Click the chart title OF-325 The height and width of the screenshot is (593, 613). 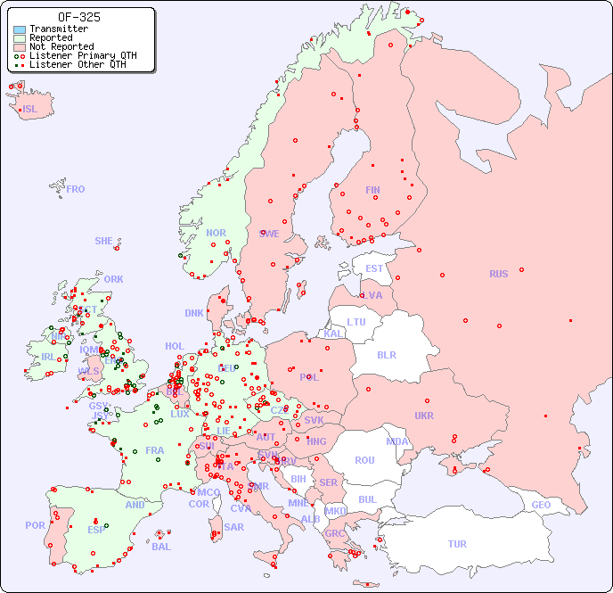point(78,17)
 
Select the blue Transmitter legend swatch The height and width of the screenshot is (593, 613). point(20,29)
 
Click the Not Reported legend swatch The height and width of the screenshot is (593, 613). point(20,47)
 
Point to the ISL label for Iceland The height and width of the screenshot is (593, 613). point(30,110)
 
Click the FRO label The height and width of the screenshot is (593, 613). point(76,189)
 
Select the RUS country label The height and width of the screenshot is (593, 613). point(498,274)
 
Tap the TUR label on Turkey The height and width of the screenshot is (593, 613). point(457,544)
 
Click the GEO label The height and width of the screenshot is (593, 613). point(541,505)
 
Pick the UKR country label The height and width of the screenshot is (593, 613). point(424,416)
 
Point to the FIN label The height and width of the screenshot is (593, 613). point(372,190)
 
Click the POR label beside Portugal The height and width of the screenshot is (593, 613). point(35,525)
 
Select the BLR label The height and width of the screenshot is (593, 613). point(386,354)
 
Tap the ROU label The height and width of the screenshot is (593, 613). point(364,460)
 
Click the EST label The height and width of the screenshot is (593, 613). point(374,268)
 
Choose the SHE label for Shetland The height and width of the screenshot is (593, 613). point(104,241)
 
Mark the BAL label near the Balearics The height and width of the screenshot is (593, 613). point(161,547)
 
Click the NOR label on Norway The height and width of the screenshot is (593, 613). point(216,233)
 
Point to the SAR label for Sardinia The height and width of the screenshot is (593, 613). point(234,527)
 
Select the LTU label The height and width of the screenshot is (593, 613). point(356,322)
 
